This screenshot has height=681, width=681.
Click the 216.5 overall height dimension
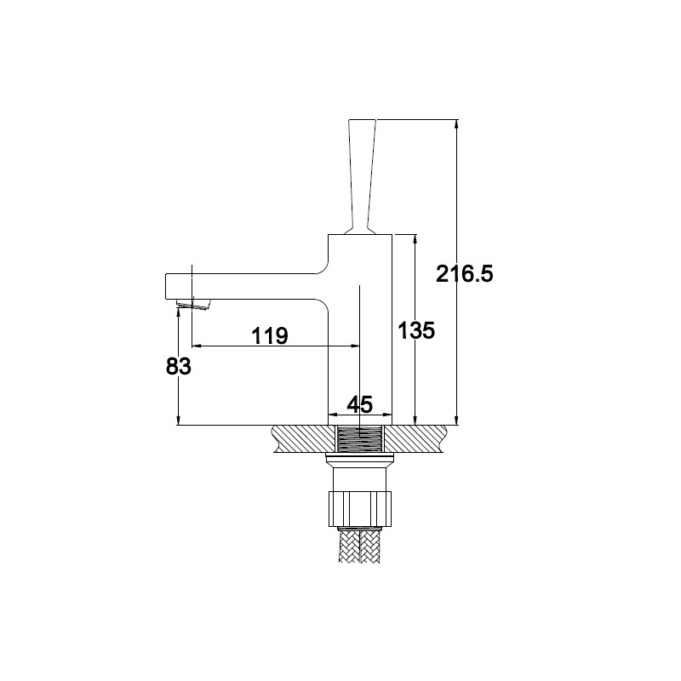pos(464,274)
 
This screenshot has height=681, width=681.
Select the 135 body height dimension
pos(416,331)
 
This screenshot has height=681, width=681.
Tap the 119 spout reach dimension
pos(270,335)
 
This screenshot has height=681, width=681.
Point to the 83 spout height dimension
pos(178,367)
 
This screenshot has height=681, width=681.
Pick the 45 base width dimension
pos(360,405)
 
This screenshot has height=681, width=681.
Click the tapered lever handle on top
pos(360,177)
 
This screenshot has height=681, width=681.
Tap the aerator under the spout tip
pos(194,305)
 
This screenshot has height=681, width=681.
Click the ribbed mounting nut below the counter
pos(360,508)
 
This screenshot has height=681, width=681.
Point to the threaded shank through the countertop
pos(360,439)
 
